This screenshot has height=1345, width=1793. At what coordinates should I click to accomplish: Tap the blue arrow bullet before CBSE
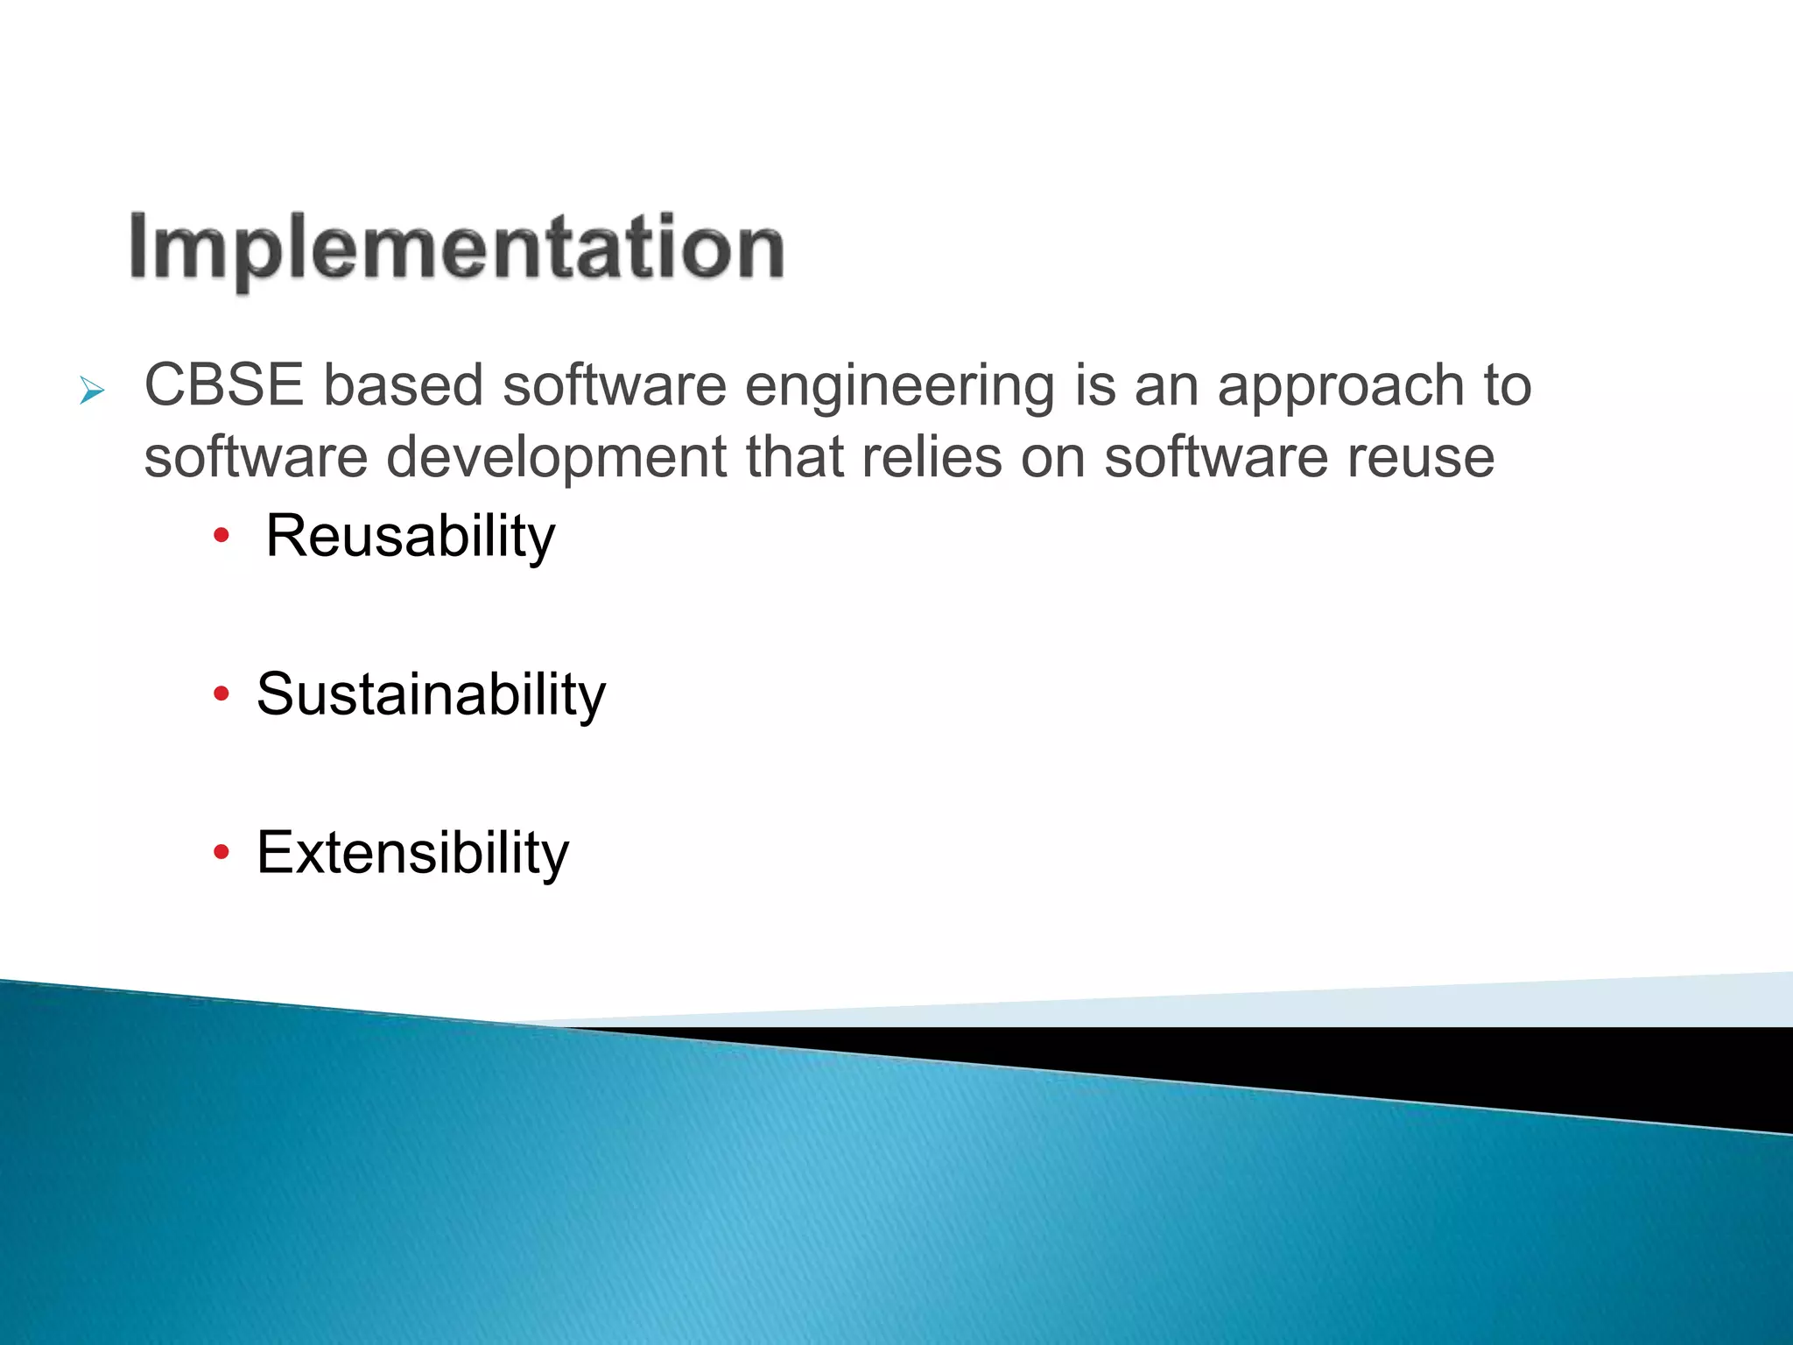(91, 391)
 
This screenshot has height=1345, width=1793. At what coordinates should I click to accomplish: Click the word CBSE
(224, 385)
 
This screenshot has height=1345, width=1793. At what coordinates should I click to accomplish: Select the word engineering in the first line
(900, 387)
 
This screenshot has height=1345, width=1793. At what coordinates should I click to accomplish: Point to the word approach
(1340, 387)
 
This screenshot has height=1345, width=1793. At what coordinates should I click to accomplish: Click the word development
(556, 458)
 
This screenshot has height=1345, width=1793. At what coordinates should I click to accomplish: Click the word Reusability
(410, 536)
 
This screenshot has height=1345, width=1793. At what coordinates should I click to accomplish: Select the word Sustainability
(431, 694)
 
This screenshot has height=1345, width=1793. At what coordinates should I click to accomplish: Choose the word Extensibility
(412, 853)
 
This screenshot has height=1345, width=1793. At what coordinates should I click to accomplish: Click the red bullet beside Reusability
(221, 535)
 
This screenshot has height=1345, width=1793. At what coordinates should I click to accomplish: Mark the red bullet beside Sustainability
(221, 694)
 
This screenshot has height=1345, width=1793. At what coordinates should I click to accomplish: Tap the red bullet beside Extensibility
(221, 852)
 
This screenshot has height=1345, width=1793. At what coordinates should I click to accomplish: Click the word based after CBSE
(404, 385)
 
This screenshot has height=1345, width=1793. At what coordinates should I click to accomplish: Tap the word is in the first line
(1095, 385)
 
